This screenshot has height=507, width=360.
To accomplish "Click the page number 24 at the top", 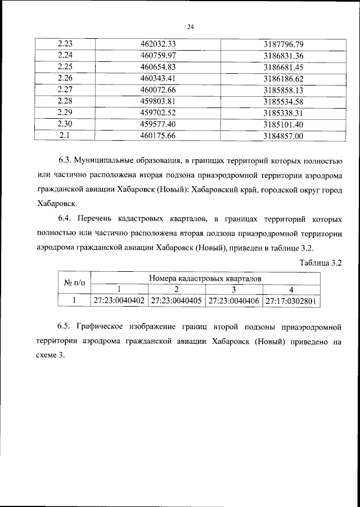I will (190, 26).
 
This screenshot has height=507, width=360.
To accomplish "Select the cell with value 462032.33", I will (158, 44).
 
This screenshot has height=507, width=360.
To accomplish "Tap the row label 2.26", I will (65, 78).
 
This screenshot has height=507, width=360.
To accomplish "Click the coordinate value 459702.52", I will (158, 113).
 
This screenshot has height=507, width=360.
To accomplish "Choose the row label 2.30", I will (65, 124).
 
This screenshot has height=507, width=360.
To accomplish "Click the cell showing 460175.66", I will (158, 136).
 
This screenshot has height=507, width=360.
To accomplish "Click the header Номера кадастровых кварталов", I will (205, 278).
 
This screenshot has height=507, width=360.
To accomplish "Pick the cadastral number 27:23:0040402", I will (119, 301).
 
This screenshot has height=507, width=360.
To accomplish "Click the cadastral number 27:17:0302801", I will (291, 301).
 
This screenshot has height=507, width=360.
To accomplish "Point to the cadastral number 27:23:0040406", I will (233, 301).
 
